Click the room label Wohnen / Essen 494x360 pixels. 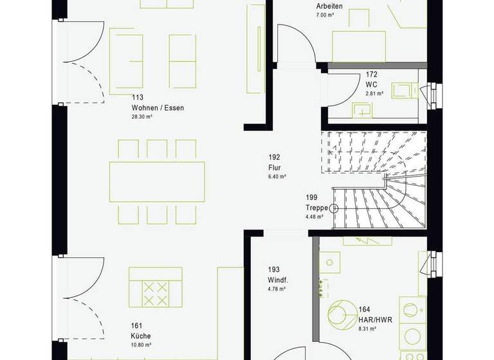158,108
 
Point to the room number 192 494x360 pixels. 275,156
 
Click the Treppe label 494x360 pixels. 317,208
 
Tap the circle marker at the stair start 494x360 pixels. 333,208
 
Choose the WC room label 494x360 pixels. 371,84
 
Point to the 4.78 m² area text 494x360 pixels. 277,290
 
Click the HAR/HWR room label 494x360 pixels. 376,319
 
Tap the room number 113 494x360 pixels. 136,98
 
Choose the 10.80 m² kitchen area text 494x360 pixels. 140,345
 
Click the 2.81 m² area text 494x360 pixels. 374,94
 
